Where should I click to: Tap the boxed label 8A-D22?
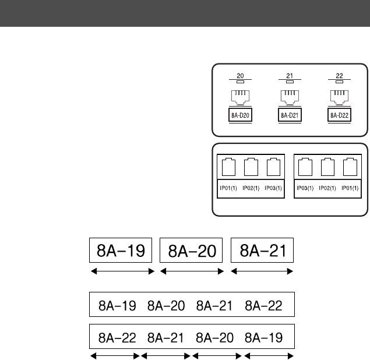(339, 115)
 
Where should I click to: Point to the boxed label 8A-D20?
(238, 115)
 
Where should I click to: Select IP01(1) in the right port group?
(350, 188)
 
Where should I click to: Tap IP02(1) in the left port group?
(249, 188)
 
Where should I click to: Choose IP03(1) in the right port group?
(302, 188)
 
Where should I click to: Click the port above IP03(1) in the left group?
(273, 168)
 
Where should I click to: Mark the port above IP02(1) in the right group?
(326, 168)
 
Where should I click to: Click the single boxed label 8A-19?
(120, 250)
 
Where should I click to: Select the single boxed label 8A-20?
(192, 251)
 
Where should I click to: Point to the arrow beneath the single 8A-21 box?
(262, 271)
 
